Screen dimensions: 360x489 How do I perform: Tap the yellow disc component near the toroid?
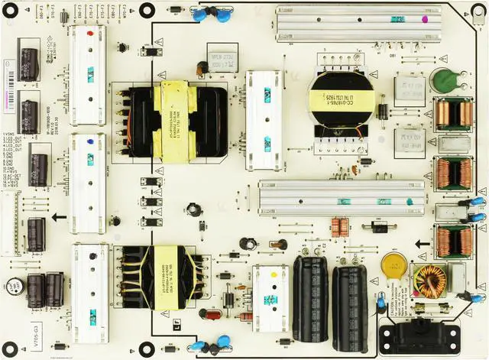pyautogui.click(x=394, y=264)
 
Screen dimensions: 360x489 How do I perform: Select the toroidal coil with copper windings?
pyautogui.click(x=429, y=280)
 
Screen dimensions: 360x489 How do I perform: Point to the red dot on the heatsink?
pyautogui.click(x=91, y=34)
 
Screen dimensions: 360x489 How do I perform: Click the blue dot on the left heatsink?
pyautogui.click(x=91, y=141)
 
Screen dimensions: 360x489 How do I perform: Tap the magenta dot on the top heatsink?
pyautogui.click(x=397, y=18)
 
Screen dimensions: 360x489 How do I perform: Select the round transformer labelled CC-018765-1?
pyautogui.click(x=341, y=101)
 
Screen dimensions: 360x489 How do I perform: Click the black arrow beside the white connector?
pyautogui.click(x=59, y=217)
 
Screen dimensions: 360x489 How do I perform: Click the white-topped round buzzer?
pyautogui.click(x=15, y=286)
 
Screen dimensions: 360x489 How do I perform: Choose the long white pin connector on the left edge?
pyautogui.click(x=11, y=213)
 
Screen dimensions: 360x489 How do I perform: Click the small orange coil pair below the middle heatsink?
pyautogui.click(x=340, y=226)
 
